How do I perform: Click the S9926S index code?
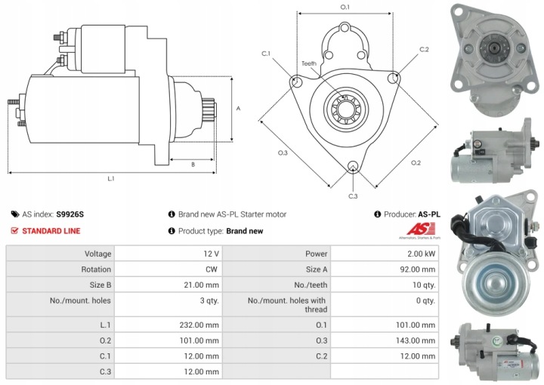point(70,214)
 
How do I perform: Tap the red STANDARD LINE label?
point(51,231)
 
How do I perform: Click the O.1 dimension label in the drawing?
point(345,7)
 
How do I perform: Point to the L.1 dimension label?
point(110,179)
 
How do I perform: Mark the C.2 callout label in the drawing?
point(424,50)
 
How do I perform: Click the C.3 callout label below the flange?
point(353,196)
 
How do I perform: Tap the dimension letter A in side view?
point(238,108)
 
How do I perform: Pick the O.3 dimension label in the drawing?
point(282,153)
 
